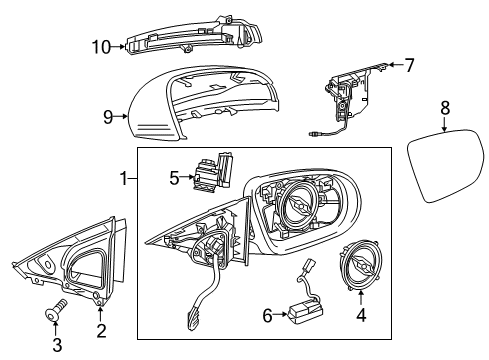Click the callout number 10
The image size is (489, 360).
101,47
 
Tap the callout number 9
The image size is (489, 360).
108,117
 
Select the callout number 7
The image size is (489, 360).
409,65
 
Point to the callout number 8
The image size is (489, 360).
445,108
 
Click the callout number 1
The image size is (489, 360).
124,179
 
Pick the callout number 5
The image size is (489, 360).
174,178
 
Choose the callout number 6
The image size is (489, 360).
267,315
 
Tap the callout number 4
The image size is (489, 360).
361,315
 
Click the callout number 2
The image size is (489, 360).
101,330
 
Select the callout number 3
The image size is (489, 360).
57,345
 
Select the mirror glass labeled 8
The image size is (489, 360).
446,166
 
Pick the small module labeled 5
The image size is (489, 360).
212,172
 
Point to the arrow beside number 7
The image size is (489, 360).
395,65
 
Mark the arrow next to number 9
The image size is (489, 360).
121,116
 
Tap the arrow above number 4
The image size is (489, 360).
361,298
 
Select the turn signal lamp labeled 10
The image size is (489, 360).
193,36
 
